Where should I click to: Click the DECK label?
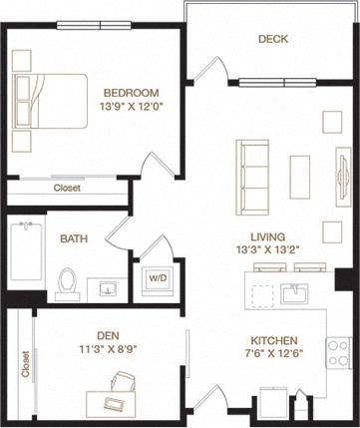coord(273,39)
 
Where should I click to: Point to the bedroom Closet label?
coord(66,187)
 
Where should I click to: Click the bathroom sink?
coord(107,288)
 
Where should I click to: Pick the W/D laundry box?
coord(157,278)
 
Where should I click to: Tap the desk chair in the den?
coord(123,382)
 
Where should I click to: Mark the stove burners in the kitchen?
coord(339,350)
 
